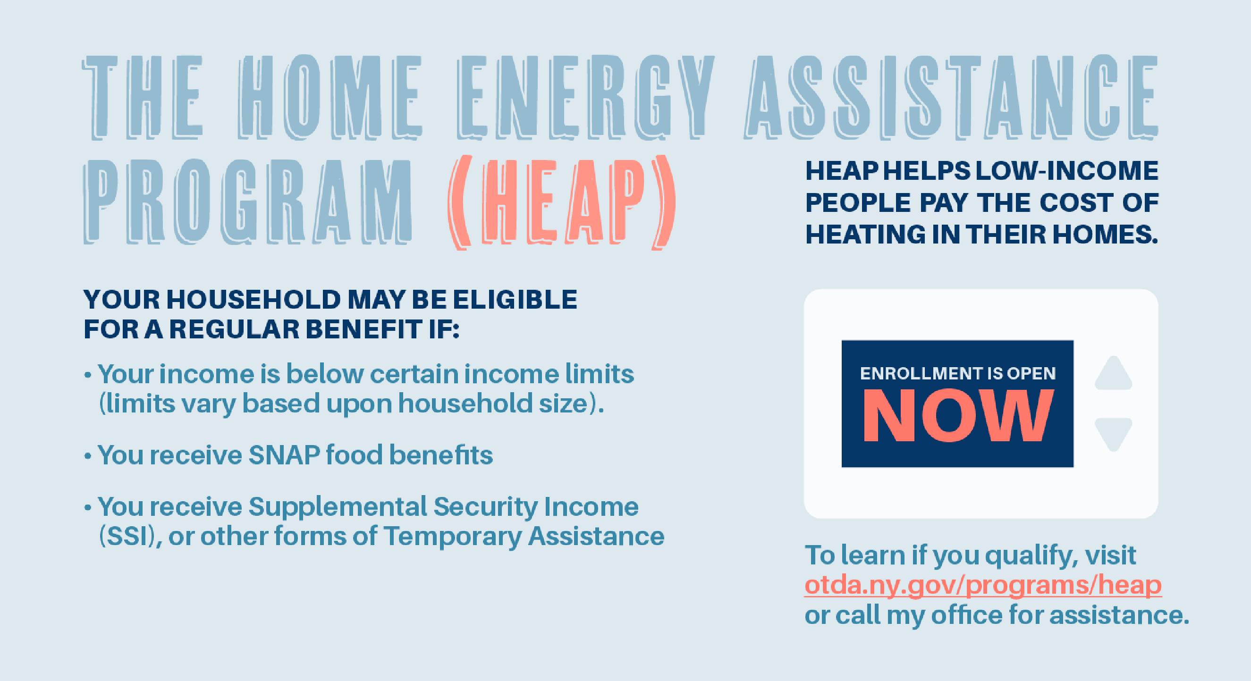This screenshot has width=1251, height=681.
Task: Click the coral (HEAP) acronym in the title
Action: click(x=561, y=202)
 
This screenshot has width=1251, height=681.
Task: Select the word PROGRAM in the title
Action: click(x=248, y=202)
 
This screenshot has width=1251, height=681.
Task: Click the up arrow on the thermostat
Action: click(x=1113, y=373)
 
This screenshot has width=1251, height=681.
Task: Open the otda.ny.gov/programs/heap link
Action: click(x=983, y=585)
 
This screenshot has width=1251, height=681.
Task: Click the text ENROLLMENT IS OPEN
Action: click(x=958, y=373)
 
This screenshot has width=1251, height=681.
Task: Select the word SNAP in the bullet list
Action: click(x=284, y=455)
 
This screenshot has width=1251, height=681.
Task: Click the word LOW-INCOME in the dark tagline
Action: click(x=1067, y=171)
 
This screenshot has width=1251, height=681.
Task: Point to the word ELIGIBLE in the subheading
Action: click(x=515, y=299)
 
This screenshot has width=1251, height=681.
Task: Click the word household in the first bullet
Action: click(x=465, y=404)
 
